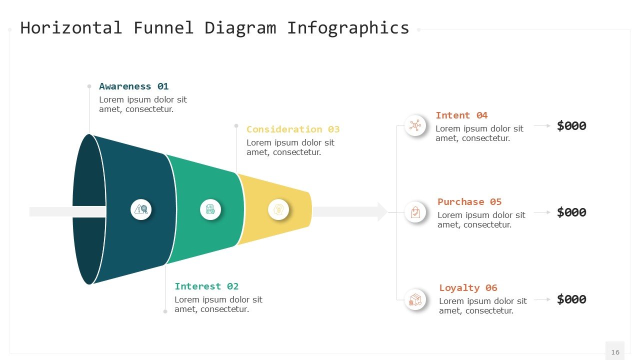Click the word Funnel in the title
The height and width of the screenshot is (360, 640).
(x=163, y=28)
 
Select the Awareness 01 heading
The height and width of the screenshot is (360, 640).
(x=133, y=86)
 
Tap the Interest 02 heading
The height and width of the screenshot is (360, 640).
(x=206, y=286)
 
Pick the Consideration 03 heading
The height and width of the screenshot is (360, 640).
(x=292, y=129)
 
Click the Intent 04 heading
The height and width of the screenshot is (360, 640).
(x=461, y=115)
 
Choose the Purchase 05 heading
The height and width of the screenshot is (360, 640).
(x=469, y=202)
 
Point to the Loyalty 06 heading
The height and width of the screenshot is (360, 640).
(x=468, y=288)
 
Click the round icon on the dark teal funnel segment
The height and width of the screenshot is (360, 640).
(x=141, y=209)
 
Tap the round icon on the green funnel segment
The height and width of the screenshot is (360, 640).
(x=210, y=209)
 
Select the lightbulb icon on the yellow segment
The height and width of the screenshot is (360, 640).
(x=278, y=209)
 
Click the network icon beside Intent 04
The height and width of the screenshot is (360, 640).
(x=415, y=125)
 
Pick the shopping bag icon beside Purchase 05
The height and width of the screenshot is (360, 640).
(x=415, y=212)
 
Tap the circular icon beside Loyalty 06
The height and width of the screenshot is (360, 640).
(x=415, y=299)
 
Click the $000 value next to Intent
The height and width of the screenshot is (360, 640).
(x=571, y=126)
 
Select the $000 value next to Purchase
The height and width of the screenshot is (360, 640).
(x=571, y=212)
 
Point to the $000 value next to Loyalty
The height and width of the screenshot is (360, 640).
(x=571, y=299)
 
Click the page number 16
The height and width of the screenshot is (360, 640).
(x=615, y=352)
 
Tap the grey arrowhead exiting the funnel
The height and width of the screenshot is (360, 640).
(x=382, y=212)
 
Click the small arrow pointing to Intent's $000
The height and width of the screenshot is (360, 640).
(x=542, y=126)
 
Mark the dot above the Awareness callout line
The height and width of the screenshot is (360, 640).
(x=89, y=86)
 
